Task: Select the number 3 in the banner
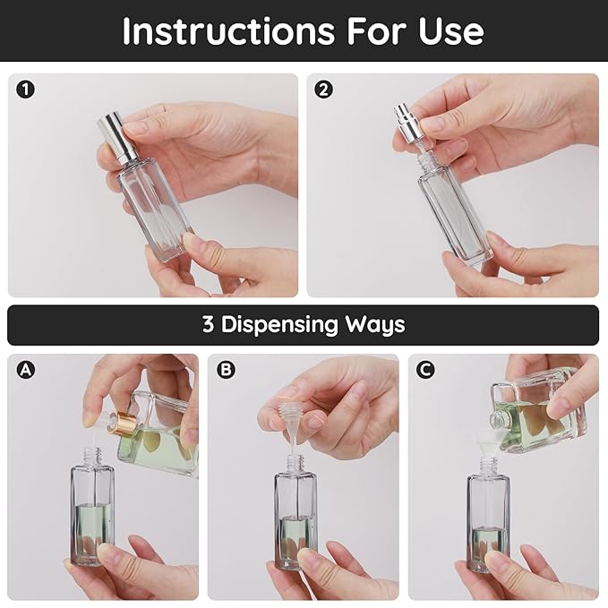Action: (208, 324)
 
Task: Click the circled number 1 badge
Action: (24, 90)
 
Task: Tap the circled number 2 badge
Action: (323, 90)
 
